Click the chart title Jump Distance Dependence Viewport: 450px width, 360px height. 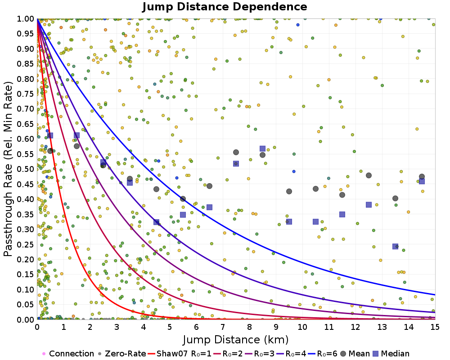coord(225,7)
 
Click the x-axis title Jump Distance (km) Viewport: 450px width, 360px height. coord(236,340)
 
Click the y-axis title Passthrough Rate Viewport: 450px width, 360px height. coord(8,169)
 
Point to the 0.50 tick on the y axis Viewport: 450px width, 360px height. coord(26,169)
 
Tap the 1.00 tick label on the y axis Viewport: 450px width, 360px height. coord(26,19)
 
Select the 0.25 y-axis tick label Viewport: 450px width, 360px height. coord(26,244)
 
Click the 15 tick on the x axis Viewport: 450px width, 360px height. coord(435,327)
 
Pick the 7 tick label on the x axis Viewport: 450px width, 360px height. coord(223,327)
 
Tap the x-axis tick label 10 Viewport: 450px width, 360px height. coord(302,327)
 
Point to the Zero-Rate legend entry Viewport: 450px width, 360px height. coord(121,353)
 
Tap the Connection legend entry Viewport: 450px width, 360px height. coord(68,353)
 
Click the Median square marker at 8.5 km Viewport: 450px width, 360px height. coord(262,148)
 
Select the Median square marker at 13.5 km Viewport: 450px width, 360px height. coord(395,246)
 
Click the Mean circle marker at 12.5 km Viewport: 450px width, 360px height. coord(369,175)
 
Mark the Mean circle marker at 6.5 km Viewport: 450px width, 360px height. coord(210,186)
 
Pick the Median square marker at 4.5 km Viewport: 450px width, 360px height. coord(157,222)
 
